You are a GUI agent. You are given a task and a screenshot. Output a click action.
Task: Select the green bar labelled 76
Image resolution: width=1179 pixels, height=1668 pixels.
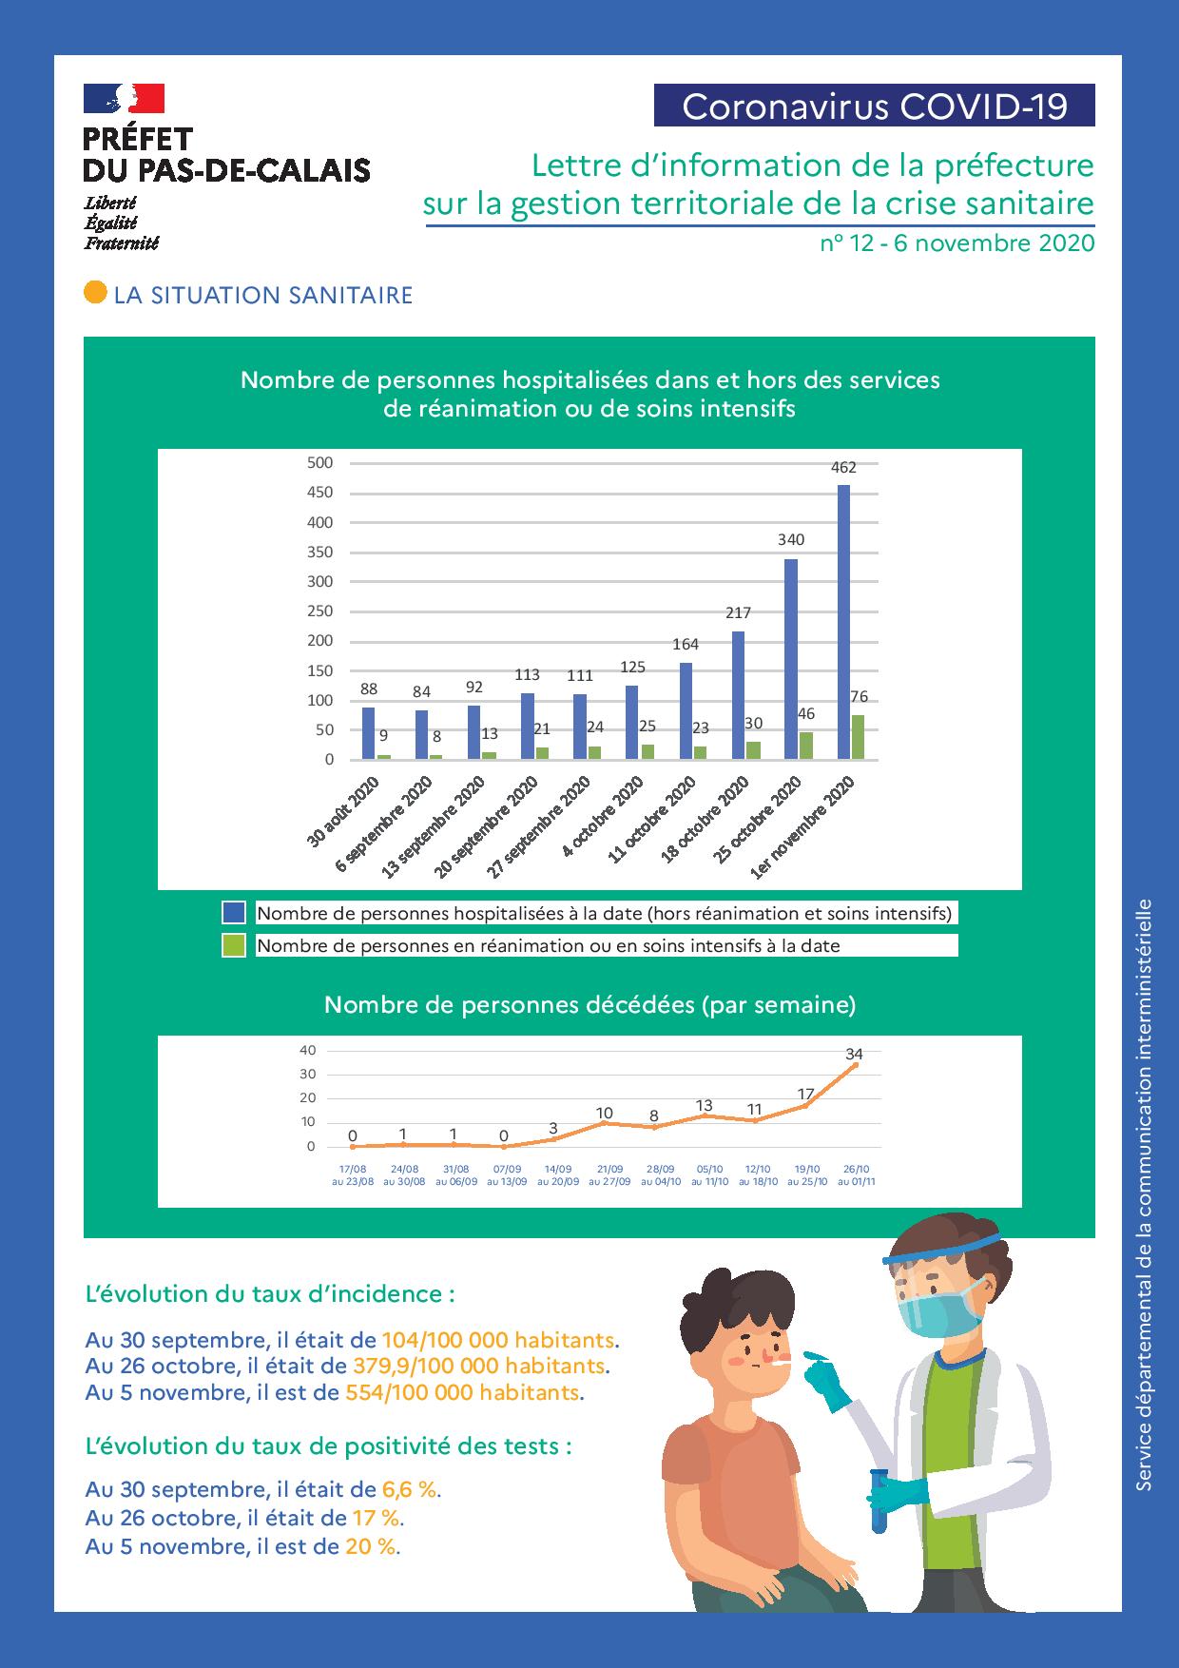tap(858, 737)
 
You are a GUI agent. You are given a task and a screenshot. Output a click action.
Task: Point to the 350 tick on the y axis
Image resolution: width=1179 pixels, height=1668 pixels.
tap(320, 552)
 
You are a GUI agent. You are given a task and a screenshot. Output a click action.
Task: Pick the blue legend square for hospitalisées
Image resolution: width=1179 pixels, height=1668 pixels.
tap(234, 913)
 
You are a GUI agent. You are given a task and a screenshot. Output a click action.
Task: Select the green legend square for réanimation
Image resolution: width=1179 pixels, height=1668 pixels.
tap(234, 945)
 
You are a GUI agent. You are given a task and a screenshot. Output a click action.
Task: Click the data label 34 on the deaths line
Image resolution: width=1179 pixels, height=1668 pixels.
tap(854, 1054)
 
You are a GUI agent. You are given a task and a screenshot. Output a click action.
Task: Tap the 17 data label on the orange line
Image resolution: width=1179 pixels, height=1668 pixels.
tap(805, 1094)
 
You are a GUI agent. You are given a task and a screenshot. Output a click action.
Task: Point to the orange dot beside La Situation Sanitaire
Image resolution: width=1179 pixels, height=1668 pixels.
tap(95, 293)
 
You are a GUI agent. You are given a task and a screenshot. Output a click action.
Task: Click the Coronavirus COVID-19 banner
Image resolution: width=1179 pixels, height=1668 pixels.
tap(874, 106)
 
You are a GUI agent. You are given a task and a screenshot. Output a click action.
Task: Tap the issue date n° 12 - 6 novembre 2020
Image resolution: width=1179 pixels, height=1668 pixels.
tap(957, 243)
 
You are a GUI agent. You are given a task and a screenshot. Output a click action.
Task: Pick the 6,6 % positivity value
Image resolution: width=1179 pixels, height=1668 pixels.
tap(410, 1489)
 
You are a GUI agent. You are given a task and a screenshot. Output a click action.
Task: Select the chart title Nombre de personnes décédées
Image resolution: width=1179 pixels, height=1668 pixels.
tap(589, 1004)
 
